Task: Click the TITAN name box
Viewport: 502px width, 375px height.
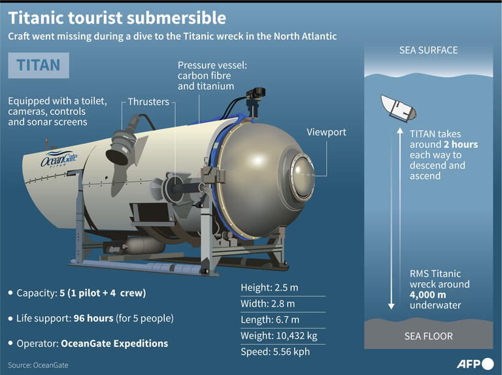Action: coord(38,65)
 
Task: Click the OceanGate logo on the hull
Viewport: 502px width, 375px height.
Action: coord(59,159)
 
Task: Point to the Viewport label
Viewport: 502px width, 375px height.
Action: coord(326,133)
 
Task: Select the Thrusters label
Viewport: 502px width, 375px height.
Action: coord(148,102)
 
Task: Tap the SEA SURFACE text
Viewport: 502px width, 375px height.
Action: coord(428,50)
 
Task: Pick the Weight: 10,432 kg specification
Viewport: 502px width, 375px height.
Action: coord(279,335)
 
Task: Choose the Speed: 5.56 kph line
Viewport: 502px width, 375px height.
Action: coord(275,351)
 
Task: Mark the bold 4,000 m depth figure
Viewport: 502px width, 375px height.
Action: coord(429,295)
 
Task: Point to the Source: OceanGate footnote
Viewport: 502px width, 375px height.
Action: coord(38,365)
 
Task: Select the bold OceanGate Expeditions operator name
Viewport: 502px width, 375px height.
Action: coord(114,343)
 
